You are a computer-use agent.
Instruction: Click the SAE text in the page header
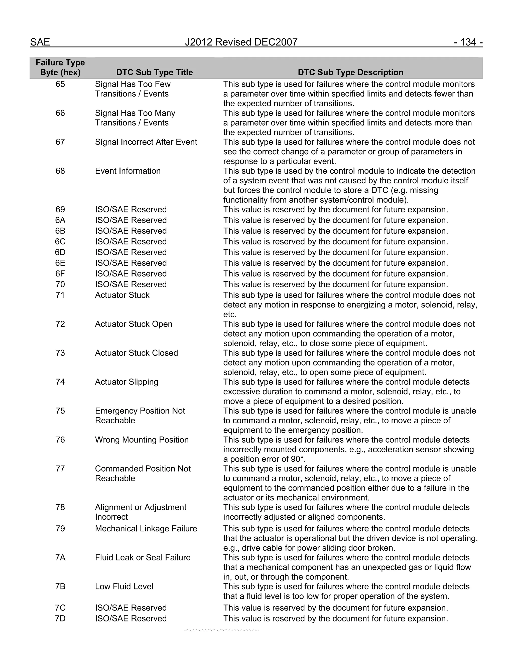40,42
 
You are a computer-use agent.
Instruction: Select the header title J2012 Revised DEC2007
241,42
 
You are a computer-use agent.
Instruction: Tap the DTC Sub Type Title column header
154,72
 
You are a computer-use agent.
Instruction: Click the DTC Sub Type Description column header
350,72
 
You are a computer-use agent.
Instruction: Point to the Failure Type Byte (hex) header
60,67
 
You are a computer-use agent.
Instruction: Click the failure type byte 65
60,84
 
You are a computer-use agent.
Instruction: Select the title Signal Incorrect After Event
146,142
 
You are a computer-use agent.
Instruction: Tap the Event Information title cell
128,171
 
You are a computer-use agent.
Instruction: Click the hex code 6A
60,220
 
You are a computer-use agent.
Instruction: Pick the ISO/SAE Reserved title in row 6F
131,274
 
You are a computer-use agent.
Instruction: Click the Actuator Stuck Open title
134,324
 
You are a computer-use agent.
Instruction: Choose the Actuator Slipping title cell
126,382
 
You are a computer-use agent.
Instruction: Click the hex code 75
60,411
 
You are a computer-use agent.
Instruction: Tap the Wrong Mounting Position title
142,440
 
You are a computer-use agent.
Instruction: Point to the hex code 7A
60,558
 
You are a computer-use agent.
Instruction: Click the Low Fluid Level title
124,586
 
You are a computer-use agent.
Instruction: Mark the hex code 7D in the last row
60,618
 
